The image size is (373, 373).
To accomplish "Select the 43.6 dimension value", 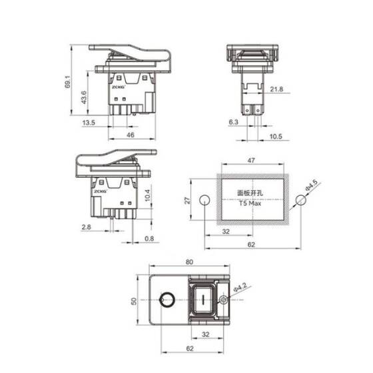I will coord(83,97).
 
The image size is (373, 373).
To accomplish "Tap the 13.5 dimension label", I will coord(88,123).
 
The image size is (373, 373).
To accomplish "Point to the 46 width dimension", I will coord(131,135).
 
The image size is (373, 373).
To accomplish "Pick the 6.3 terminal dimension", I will coord(233,123).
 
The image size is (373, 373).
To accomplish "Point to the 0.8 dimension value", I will coord(148,239).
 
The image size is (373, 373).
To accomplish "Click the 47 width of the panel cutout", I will coord(250,161).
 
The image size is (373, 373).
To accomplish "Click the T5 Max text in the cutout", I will coord(250,204).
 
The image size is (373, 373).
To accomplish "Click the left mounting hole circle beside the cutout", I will coord(204,200).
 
